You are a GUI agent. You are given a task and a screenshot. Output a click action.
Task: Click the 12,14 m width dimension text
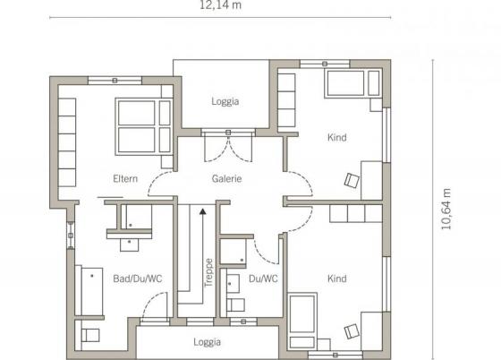tap(220, 5)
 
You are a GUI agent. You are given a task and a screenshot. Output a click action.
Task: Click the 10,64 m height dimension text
tap(446, 209)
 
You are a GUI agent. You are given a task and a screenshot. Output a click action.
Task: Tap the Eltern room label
tap(125, 178)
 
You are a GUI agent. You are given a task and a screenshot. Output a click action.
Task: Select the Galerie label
tap(226, 178)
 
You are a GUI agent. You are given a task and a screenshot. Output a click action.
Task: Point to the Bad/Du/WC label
tap(138, 279)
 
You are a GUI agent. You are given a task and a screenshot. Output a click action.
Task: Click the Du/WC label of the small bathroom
tap(263, 279)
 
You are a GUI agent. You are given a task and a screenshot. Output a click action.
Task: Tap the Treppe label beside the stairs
tap(208, 273)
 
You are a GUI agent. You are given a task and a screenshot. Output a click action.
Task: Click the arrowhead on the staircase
tap(202, 211)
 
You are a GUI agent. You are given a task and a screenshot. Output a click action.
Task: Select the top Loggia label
tap(225, 101)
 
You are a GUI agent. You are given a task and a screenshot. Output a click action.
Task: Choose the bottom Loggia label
tap(207, 342)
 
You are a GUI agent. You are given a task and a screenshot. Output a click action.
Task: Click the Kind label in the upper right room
tap(336, 138)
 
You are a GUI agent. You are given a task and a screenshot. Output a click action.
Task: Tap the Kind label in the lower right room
tap(336, 279)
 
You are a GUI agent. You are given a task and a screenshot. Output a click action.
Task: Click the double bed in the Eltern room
tap(143, 126)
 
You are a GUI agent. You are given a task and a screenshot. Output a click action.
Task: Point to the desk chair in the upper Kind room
tap(352, 180)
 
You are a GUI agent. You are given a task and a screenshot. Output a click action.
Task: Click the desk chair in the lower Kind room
tap(352, 331)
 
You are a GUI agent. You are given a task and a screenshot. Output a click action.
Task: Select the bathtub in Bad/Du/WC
tap(89, 290)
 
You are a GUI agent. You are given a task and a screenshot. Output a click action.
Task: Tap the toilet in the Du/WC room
tap(235, 305)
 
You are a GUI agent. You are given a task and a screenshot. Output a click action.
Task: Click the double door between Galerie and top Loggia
tap(228, 146)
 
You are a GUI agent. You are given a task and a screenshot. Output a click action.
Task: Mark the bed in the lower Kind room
tap(302, 321)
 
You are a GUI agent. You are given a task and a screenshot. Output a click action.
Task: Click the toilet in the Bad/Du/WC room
tap(89, 335)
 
